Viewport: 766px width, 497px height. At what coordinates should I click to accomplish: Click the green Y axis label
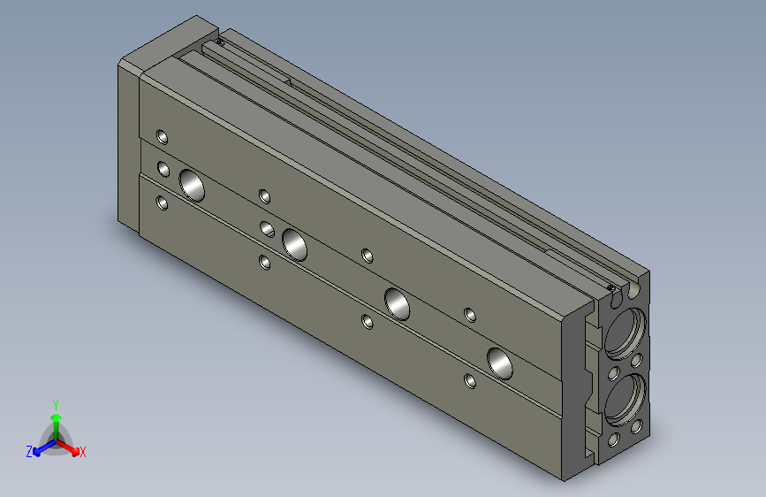55,403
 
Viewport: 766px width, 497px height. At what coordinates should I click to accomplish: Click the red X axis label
82,452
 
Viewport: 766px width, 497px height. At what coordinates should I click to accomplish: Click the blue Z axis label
29,451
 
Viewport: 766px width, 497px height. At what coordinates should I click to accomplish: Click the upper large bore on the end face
628,332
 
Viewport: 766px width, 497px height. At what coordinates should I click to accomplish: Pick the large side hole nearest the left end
192,184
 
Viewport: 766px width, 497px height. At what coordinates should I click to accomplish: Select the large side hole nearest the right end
500,361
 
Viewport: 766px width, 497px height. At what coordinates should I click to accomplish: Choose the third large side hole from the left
398,302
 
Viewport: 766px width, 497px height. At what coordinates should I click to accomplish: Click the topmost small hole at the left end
162,136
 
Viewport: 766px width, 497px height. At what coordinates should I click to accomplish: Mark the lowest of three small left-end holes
162,203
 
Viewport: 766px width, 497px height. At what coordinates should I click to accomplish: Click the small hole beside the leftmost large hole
163,168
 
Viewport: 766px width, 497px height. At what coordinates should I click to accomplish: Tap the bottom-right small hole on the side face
470,381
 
